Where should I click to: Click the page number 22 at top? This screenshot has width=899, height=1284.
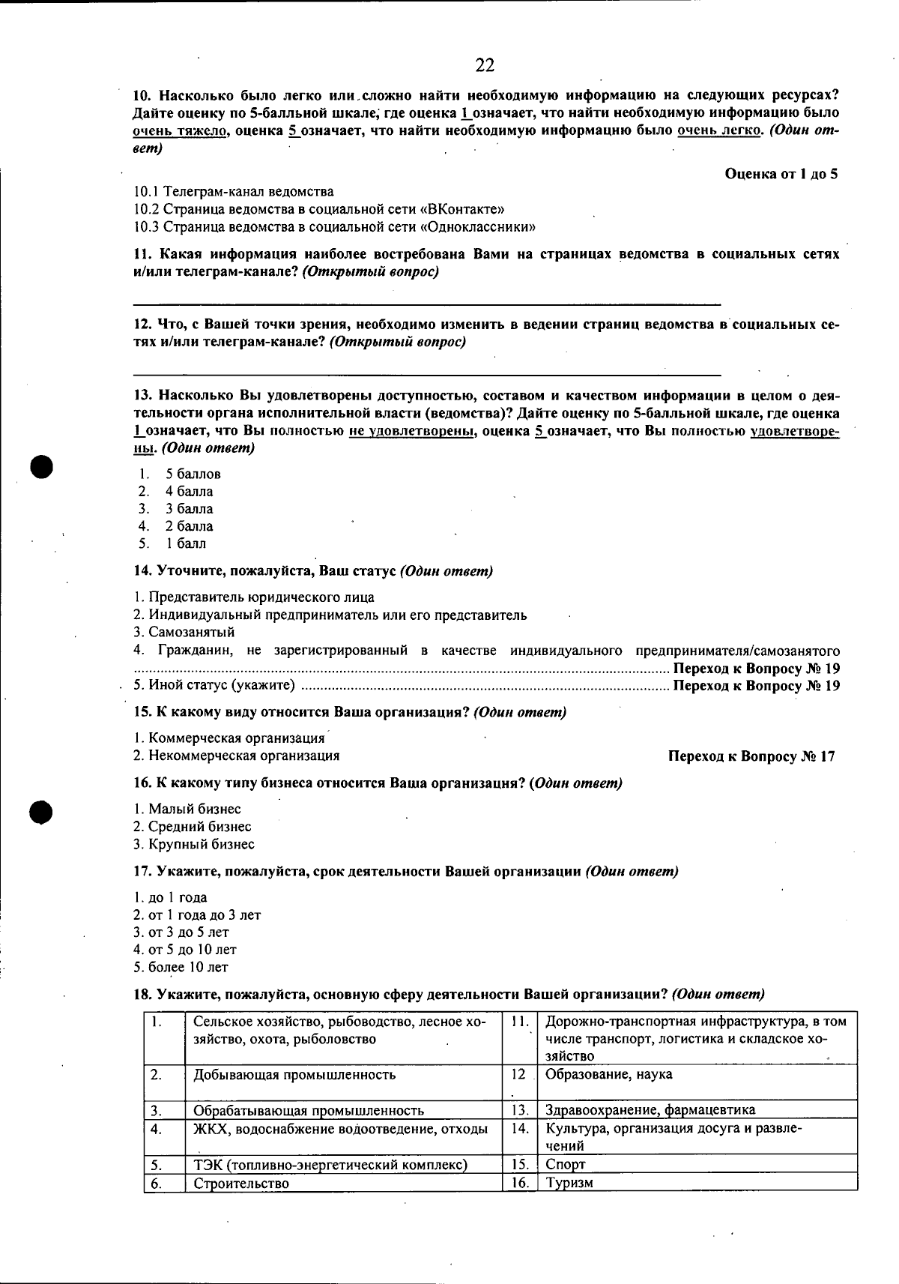click(485, 66)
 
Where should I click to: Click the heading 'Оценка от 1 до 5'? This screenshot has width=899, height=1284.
click(781, 174)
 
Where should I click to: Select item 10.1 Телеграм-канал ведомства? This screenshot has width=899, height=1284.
click(234, 192)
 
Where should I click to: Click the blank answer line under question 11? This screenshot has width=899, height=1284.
click(426, 304)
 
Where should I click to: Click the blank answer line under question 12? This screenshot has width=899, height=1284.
click(426, 373)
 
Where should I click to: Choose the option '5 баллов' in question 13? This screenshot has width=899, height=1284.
click(193, 474)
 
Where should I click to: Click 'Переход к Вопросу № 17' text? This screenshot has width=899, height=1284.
click(751, 756)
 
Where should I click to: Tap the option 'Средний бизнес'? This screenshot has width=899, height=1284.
click(193, 827)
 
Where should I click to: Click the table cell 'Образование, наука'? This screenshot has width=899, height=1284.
click(608, 1074)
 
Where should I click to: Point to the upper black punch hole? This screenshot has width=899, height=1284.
click(43, 465)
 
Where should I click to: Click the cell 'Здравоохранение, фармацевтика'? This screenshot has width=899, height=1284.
click(650, 1110)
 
